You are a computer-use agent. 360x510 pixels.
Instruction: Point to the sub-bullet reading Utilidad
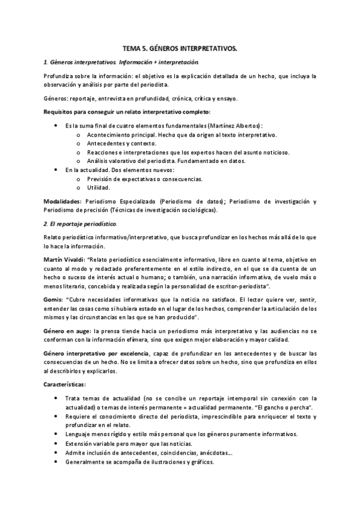(99, 188)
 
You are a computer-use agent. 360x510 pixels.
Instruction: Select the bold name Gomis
(53, 299)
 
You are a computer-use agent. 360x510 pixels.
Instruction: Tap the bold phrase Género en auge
(67, 331)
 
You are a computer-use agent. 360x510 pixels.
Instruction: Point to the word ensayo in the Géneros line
(227, 98)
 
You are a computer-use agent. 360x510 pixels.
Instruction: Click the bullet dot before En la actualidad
(56, 170)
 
